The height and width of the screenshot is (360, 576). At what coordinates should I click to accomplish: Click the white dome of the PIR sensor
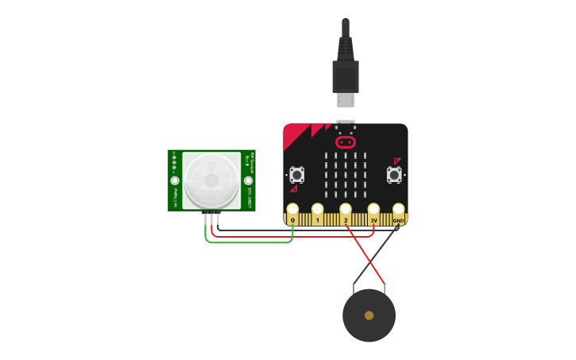click(x=211, y=180)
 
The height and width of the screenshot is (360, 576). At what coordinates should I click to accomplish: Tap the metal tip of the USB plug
click(x=346, y=99)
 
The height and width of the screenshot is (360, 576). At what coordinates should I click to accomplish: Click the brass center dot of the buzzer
click(x=369, y=315)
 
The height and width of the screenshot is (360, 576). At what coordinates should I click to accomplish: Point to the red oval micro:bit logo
click(x=346, y=142)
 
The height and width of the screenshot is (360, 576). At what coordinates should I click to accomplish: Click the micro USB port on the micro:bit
click(x=346, y=126)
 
